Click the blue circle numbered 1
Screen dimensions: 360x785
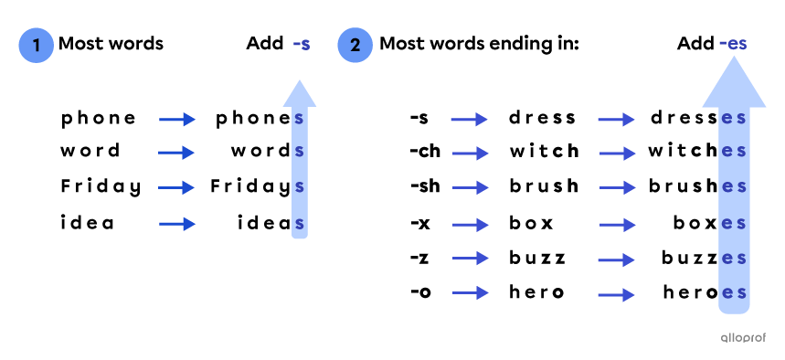point(36,45)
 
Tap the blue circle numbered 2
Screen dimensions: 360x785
point(355,45)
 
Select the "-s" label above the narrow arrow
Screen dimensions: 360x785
point(301,44)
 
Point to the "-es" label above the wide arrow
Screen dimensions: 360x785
point(733,43)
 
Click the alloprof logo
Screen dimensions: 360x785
point(742,337)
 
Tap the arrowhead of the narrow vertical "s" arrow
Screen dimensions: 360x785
point(300,94)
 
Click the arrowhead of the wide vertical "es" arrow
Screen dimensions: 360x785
point(734,85)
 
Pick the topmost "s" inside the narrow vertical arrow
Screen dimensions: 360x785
point(299,119)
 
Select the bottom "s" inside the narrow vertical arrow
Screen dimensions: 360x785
point(299,224)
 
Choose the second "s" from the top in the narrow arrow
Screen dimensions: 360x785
point(299,152)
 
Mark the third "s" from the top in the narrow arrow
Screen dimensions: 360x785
point(299,187)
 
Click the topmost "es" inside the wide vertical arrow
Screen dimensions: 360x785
point(734,119)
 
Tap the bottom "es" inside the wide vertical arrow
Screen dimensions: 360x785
point(734,293)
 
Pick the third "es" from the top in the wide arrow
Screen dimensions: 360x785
point(734,187)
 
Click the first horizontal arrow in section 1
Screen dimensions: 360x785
point(177,120)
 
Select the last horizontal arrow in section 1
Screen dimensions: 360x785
point(177,224)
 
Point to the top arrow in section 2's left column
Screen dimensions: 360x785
point(469,120)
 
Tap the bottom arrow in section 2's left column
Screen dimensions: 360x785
point(470,293)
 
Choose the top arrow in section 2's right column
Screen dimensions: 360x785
point(616,120)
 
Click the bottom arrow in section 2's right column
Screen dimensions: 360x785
point(616,295)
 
